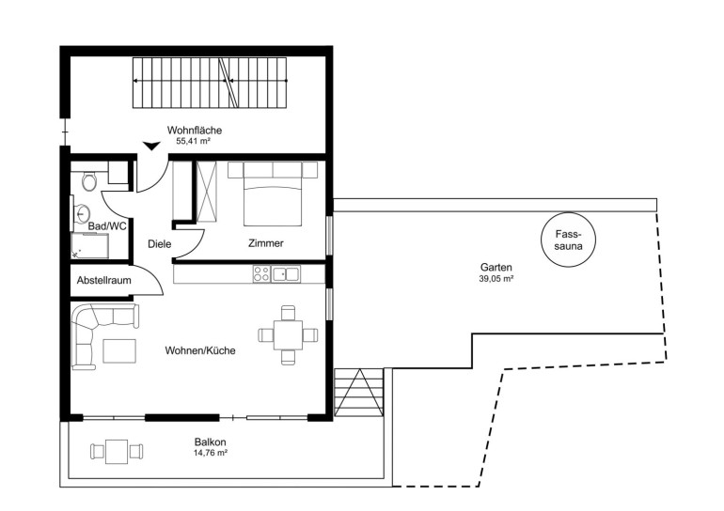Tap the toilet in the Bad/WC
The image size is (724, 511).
tap(89, 181)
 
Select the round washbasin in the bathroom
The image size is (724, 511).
tap(83, 214)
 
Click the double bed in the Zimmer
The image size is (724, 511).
tap(273, 194)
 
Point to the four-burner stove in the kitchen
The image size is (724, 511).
tap(261, 274)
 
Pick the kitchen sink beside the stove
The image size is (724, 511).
tap(286, 274)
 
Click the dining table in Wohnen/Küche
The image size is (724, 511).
tap(288, 335)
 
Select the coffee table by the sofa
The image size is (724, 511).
tap(119, 350)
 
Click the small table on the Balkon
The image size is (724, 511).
tap(117, 452)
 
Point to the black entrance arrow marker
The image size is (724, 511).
tap(151, 147)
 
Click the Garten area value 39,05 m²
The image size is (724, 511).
tap(496, 279)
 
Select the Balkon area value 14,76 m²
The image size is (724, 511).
tap(210, 453)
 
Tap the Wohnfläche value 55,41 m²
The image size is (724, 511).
tap(193, 141)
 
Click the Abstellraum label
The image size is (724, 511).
tap(103, 280)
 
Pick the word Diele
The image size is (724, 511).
tap(159, 243)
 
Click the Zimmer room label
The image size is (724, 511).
tap(266, 243)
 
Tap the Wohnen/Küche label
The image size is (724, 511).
tap(200, 350)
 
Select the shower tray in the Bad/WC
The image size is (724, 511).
tap(90, 246)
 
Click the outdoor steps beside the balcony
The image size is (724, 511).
tap(359, 393)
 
